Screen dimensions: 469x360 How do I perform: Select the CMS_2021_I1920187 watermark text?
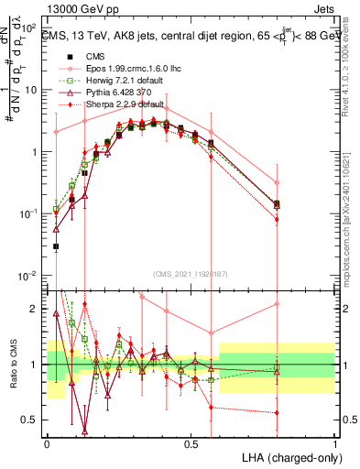(191, 273)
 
